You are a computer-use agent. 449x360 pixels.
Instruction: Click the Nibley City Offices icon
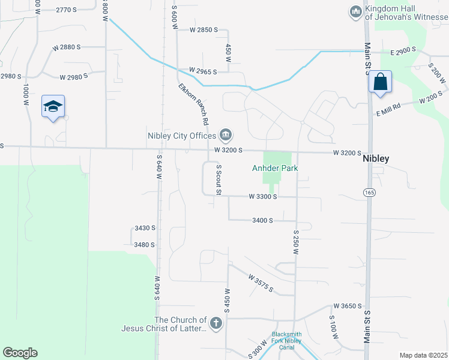226,135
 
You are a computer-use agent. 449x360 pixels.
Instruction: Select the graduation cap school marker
53,106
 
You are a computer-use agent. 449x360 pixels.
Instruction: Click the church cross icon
216,324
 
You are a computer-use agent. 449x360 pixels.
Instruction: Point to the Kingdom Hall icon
355,11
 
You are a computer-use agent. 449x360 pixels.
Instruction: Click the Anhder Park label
274,169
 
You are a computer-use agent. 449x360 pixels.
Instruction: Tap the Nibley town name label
376,159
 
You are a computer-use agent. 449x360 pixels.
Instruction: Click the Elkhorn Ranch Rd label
193,103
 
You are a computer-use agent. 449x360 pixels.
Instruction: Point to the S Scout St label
219,180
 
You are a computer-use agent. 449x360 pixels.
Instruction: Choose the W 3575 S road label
261,283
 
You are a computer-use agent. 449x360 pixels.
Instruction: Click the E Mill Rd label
388,110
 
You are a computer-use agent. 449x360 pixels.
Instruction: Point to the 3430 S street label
145,228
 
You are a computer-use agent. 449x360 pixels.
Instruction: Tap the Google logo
20,353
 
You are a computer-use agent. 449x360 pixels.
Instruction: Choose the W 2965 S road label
203,71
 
